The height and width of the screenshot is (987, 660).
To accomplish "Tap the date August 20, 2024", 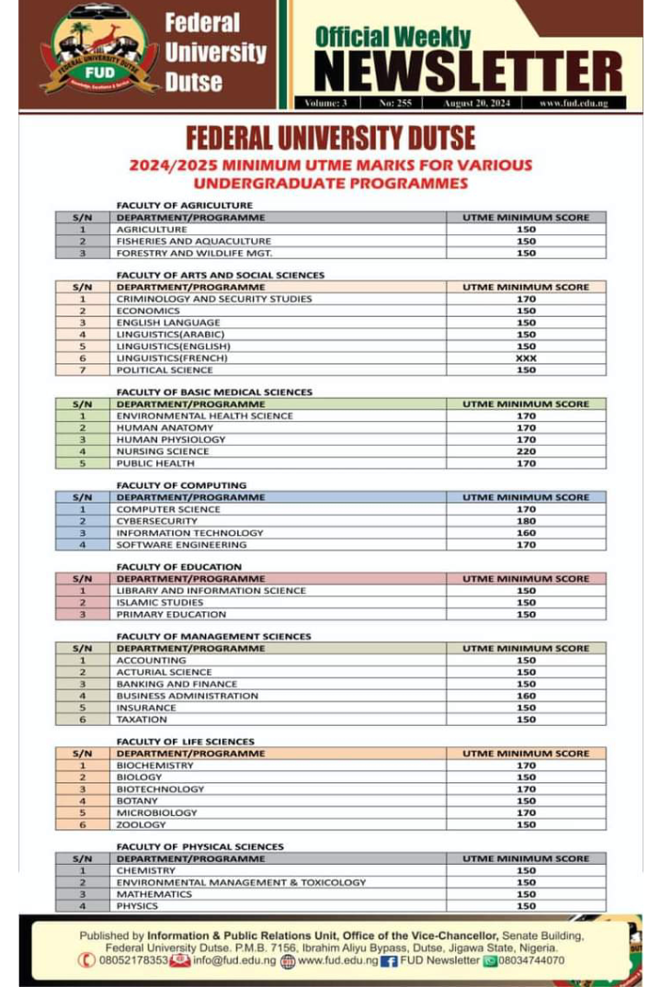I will pyautogui.click(x=476, y=104).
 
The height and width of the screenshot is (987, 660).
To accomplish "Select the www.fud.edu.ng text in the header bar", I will pyautogui.click(x=574, y=104).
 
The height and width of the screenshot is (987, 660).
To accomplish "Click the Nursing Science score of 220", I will pyautogui.click(x=526, y=451).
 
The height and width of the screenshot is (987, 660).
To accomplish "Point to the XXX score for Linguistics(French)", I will pyautogui.click(x=526, y=358).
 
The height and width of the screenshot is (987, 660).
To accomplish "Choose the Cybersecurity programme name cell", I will pyautogui.click(x=156, y=521).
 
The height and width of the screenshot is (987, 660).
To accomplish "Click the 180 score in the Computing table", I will pyautogui.click(x=526, y=521).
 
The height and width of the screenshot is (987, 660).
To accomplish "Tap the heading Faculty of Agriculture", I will pyautogui.click(x=184, y=205).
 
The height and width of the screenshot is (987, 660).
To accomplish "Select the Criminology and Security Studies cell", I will pyautogui.click(x=214, y=299).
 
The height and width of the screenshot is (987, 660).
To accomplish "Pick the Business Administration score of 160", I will pyautogui.click(x=526, y=696).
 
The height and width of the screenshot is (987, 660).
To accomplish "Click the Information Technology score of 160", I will pyautogui.click(x=526, y=533).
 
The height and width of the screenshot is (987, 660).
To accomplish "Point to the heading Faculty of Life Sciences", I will pyautogui.click(x=185, y=742).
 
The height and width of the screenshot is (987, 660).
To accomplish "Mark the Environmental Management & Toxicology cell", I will pyautogui.click(x=241, y=882).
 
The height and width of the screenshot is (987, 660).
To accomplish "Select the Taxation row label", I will pyautogui.click(x=142, y=720).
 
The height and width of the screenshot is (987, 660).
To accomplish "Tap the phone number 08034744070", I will pyautogui.click(x=530, y=960).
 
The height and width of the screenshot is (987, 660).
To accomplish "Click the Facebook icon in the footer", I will pyautogui.click(x=388, y=960).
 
